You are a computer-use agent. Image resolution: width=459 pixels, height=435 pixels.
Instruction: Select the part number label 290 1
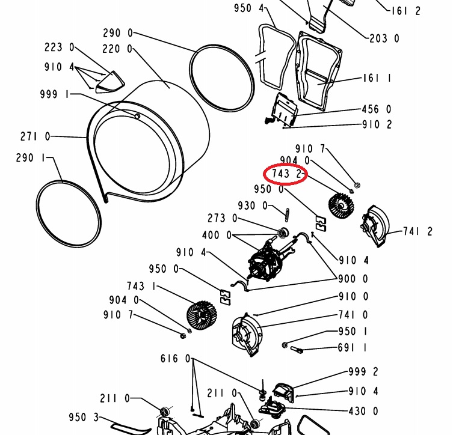pyautogui.click(x=31, y=158)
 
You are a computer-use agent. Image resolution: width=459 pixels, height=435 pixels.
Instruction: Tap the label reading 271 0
pyautogui.click(x=35, y=136)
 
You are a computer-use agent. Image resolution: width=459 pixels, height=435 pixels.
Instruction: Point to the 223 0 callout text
pyautogui.click(x=60, y=47)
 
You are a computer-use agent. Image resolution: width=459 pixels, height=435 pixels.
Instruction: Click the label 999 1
pyautogui.click(x=55, y=94)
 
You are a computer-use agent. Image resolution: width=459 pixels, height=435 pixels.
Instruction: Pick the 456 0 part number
pyautogui.click(x=377, y=109)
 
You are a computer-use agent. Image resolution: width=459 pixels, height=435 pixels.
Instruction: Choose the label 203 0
pyautogui.click(x=384, y=38)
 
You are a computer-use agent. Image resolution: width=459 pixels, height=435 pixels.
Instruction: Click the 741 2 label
pyautogui.click(x=417, y=231)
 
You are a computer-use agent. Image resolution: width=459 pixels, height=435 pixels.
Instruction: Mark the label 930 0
pyautogui.click(x=253, y=206)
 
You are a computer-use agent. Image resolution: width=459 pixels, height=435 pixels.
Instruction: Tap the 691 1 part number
pyautogui.click(x=353, y=348)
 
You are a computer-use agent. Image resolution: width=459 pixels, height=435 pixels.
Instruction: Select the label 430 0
pyautogui.click(x=363, y=412)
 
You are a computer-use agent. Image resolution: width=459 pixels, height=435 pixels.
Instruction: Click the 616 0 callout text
pyautogui.click(x=175, y=359)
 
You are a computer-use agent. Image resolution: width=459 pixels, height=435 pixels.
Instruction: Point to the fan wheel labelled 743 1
pyautogui.click(x=202, y=316)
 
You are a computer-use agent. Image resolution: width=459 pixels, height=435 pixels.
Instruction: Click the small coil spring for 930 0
pyautogui.click(x=287, y=214)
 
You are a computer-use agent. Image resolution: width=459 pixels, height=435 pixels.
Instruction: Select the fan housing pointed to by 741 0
pyautogui.click(x=247, y=335)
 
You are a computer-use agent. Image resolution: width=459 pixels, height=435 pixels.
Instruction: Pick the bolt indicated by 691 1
pyautogui.click(x=296, y=349)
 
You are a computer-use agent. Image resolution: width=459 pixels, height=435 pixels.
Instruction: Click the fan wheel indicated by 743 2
pyautogui.click(x=340, y=205)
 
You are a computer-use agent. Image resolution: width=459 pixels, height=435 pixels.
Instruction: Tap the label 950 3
pyautogui.click(x=84, y=417)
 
